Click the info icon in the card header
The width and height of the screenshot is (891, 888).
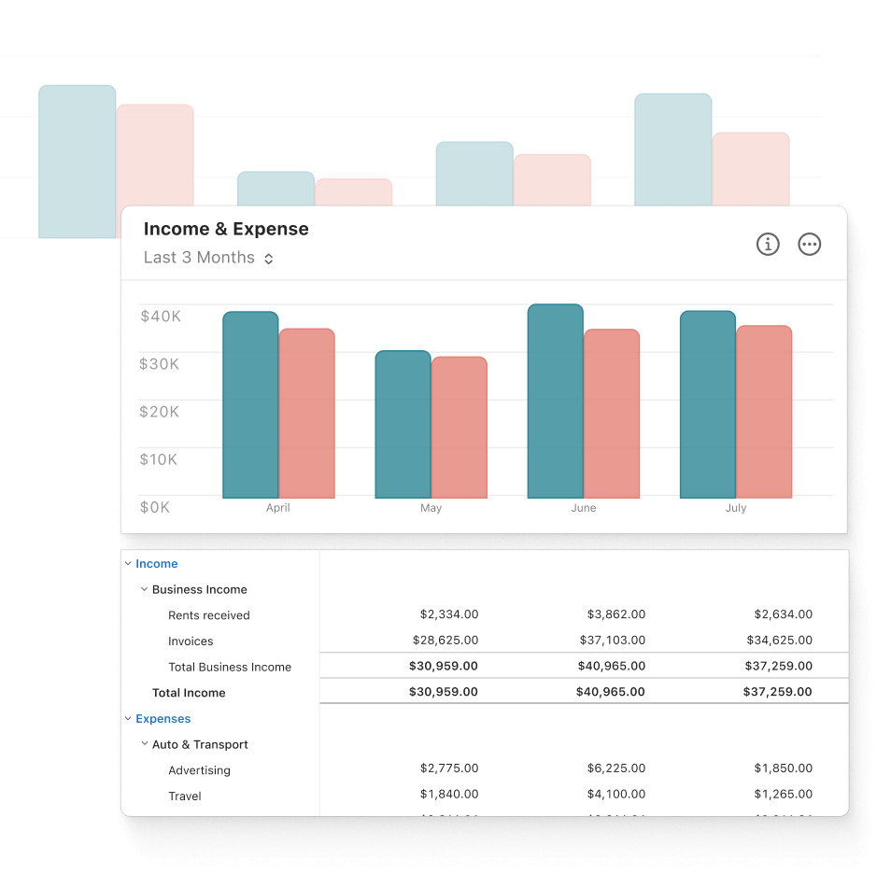(x=768, y=245)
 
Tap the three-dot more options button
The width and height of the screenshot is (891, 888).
(x=810, y=245)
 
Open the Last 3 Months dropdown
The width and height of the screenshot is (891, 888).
(x=208, y=258)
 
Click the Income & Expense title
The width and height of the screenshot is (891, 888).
(x=226, y=229)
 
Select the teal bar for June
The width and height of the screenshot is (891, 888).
(x=555, y=402)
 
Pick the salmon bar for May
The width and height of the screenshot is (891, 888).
(x=459, y=428)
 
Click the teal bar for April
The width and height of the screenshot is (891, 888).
(x=250, y=405)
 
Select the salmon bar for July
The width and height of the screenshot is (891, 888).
(x=763, y=412)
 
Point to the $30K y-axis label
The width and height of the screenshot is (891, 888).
(x=160, y=363)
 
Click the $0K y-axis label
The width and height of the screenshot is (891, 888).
(x=155, y=507)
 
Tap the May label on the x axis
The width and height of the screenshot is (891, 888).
(x=431, y=508)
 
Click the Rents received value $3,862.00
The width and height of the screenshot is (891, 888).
(x=616, y=614)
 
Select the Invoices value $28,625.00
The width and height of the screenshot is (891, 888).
(x=445, y=641)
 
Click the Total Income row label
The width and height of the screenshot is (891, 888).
(x=189, y=693)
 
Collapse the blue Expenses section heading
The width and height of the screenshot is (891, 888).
(x=163, y=719)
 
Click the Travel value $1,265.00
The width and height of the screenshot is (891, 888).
(x=783, y=795)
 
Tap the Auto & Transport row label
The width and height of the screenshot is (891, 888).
(x=200, y=744)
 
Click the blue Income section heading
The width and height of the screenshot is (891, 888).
(x=156, y=564)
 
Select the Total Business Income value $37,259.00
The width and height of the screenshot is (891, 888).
(x=777, y=667)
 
